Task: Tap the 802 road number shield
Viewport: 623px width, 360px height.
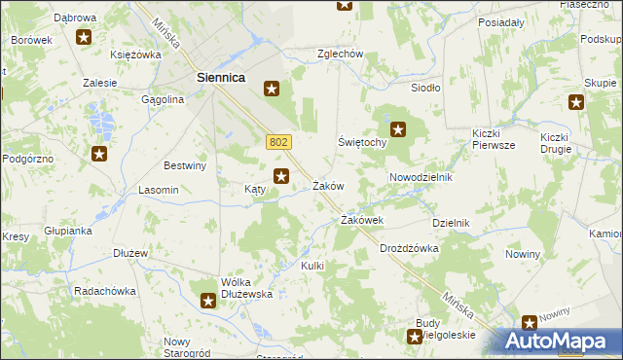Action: coord(277,142)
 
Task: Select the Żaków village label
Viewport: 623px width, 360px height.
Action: coord(328,186)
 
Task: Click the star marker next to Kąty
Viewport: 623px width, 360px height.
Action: coord(281,176)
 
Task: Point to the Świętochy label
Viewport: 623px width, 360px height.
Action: coord(363,142)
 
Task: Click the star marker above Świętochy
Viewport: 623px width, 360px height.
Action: coord(398,127)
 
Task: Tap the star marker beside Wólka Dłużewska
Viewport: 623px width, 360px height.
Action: coord(208,302)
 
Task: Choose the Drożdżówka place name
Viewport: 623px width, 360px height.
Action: coord(409,248)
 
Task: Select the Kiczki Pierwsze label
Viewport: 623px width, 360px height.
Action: coord(493,139)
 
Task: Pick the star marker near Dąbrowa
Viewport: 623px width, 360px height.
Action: coord(84,38)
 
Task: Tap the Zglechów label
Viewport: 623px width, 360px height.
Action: coord(340,54)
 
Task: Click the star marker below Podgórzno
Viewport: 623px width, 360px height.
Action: coord(99,154)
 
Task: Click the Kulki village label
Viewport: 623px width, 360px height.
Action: coord(311,266)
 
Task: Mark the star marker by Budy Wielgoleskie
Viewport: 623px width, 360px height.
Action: coord(412,336)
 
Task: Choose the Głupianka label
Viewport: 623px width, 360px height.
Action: coord(67,231)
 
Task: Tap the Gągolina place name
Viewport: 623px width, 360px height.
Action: coord(163,99)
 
